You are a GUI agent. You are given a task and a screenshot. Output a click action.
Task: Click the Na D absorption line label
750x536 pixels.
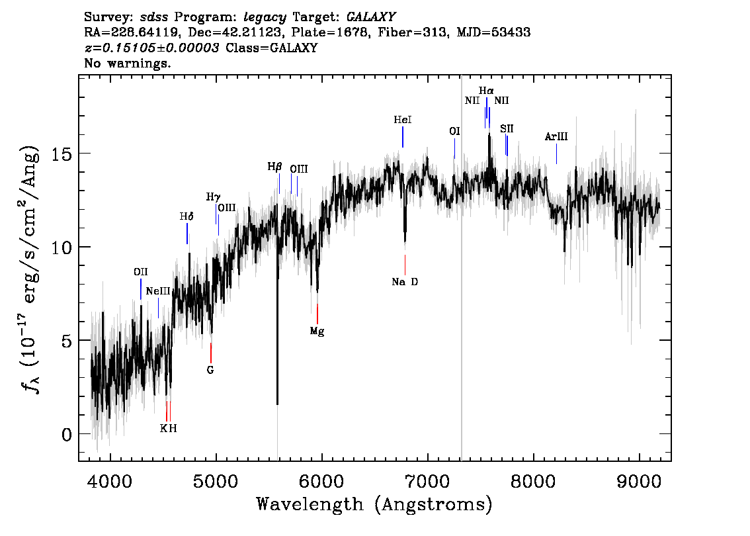[x=405, y=282]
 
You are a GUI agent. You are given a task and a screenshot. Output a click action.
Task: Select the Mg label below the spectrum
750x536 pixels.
[x=317, y=331]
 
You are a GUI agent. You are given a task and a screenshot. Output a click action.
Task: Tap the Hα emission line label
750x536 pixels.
[x=486, y=90]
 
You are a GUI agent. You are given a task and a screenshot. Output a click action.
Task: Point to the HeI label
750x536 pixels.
[x=403, y=120]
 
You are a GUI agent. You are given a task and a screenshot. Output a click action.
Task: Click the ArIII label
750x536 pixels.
[x=556, y=137]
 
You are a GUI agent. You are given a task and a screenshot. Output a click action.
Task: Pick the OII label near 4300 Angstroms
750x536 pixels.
[x=141, y=272]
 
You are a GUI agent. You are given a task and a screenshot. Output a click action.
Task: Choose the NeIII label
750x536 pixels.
[x=158, y=290]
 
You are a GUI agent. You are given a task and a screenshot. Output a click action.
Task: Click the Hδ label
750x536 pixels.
[x=187, y=216]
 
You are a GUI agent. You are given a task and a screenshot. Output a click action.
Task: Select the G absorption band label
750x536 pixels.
[x=210, y=370]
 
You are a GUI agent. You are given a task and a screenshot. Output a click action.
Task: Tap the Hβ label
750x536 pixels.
[x=275, y=167]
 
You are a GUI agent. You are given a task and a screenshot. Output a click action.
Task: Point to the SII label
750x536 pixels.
[x=507, y=128]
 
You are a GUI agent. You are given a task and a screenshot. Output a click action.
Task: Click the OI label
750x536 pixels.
[x=454, y=131]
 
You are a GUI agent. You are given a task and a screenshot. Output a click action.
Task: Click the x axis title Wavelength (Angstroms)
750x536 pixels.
[x=374, y=504]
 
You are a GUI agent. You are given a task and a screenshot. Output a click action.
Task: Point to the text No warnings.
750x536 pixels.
[x=128, y=64]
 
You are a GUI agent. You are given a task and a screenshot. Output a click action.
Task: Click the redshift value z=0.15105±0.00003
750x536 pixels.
[x=152, y=48]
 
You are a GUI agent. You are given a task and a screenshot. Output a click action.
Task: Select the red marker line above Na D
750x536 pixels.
[x=405, y=265]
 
